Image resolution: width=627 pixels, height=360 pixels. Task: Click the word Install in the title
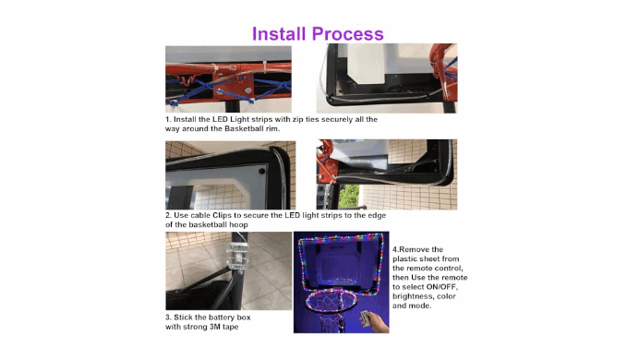click(x=279, y=33)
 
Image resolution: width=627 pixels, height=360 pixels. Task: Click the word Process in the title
click(x=348, y=34)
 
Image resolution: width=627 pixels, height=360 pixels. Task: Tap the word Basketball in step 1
click(x=243, y=128)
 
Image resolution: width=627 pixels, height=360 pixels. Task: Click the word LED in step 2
click(x=293, y=215)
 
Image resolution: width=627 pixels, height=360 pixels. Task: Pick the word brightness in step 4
click(x=411, y=296)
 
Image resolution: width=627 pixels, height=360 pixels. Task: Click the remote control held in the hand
click(x=365, y=318)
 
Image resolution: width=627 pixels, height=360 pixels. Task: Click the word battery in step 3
click(x=214, y=318)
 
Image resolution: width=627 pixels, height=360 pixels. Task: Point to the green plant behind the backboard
click(x=349, y=196)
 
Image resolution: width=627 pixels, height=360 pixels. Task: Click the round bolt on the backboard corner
click(x=261, y=171)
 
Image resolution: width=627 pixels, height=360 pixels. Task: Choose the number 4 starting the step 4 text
click(x=394, y=249)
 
